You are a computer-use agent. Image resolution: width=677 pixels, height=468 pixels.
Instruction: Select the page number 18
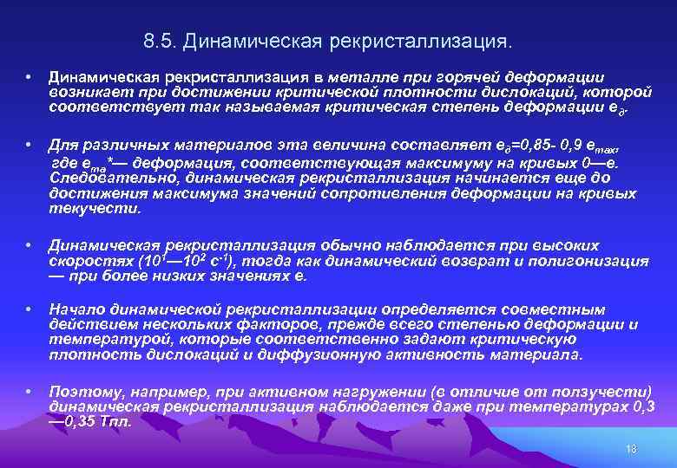[631, 447]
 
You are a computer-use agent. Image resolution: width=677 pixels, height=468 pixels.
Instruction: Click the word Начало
[78, 309]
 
